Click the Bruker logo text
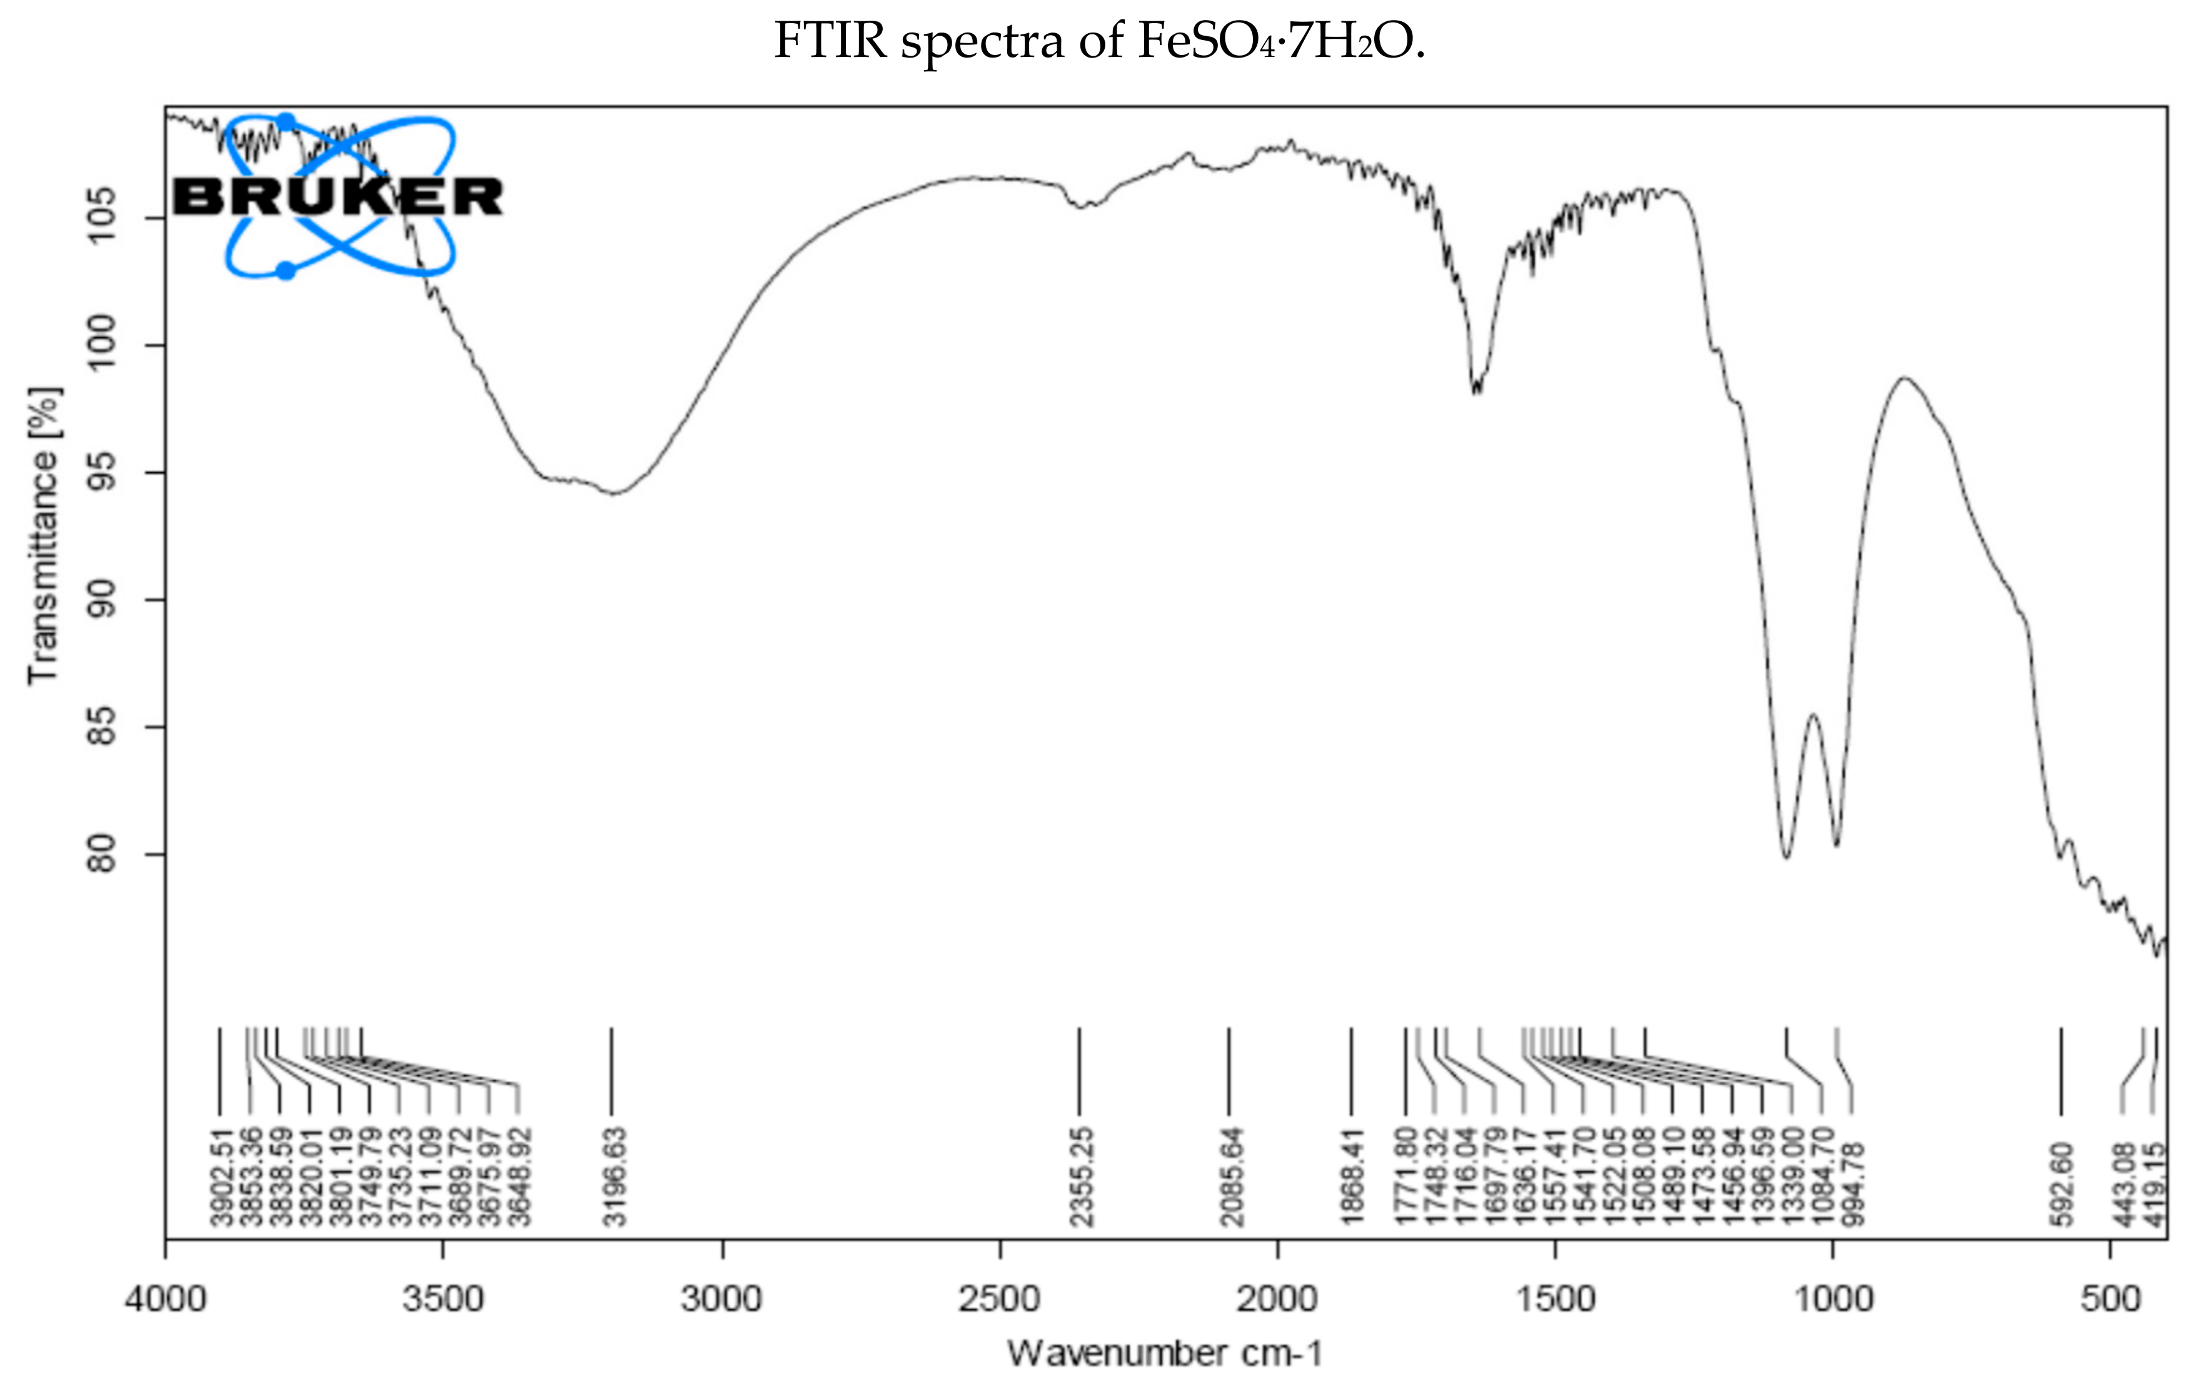click(x=338, y=197)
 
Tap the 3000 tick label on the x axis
click(x=721, y=1298)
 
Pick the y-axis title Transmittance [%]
click(x=43, y=537)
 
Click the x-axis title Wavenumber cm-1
click(x=1165, y=1352)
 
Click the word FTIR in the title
click(x=830, y=41)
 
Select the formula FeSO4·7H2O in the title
click(x=1280, y=41)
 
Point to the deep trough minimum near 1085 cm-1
click(x=1786, y=857)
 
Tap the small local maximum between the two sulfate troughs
click(x=1813, y=714)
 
